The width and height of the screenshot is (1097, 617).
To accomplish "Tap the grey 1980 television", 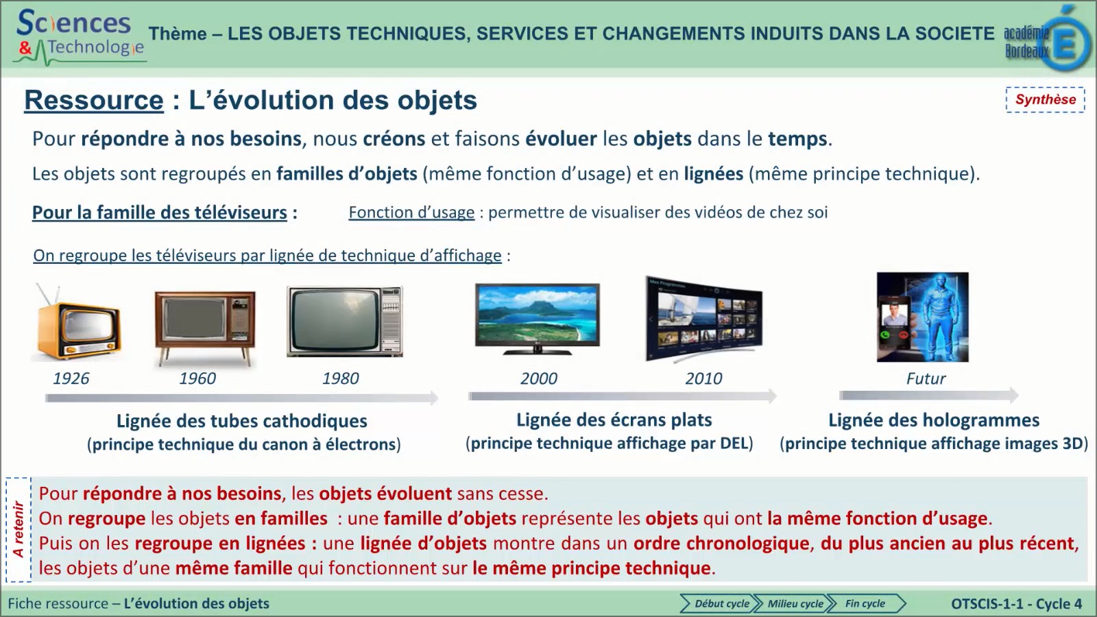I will coord(345,322).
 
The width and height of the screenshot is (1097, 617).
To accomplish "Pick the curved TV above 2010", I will coord(703,319).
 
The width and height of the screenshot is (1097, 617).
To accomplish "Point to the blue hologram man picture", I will coord(923,317).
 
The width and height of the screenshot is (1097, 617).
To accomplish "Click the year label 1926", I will coord(71,378).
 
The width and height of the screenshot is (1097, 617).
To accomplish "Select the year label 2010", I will coord(703,378).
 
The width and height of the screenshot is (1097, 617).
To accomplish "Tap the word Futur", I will coord(926,378).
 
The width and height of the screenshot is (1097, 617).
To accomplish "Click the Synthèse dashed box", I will coord(1045,99).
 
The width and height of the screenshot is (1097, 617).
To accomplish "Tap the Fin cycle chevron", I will coord(866,603).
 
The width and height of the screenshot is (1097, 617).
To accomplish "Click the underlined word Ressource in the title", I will coord(94,100).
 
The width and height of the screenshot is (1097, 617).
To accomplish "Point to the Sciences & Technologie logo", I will coord(80,36).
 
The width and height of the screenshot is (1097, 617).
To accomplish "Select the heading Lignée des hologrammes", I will coord(933,420).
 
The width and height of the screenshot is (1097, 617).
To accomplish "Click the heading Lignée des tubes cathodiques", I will coord(241,421).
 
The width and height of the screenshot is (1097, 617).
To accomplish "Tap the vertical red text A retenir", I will coord(19,529).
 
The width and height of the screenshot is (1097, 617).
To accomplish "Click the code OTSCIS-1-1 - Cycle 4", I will coord(1016,603).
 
